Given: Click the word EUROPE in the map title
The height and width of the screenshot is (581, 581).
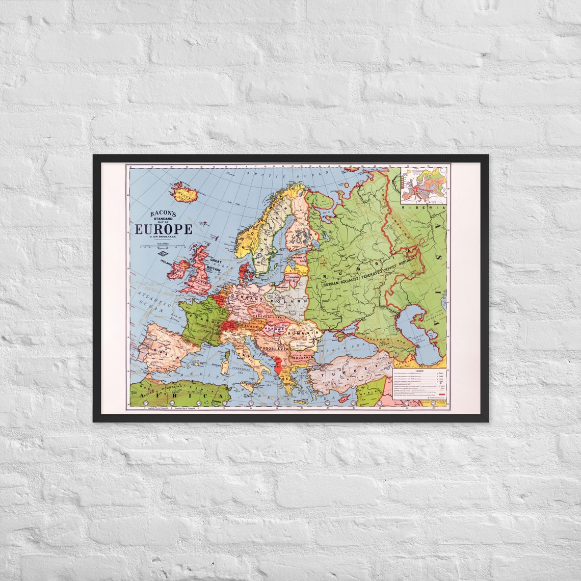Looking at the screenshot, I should (x=163, y=229).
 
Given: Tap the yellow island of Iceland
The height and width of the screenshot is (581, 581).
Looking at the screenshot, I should (x=184, y=193).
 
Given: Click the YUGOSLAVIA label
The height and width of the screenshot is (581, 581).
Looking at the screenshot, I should (x=275, y=348).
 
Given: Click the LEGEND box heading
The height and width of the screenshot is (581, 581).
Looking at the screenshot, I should (x=418, y=371).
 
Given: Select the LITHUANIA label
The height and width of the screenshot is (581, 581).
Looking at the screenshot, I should (x=293, y=278).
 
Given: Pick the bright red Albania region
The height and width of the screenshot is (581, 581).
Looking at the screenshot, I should (x=277, y=366).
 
